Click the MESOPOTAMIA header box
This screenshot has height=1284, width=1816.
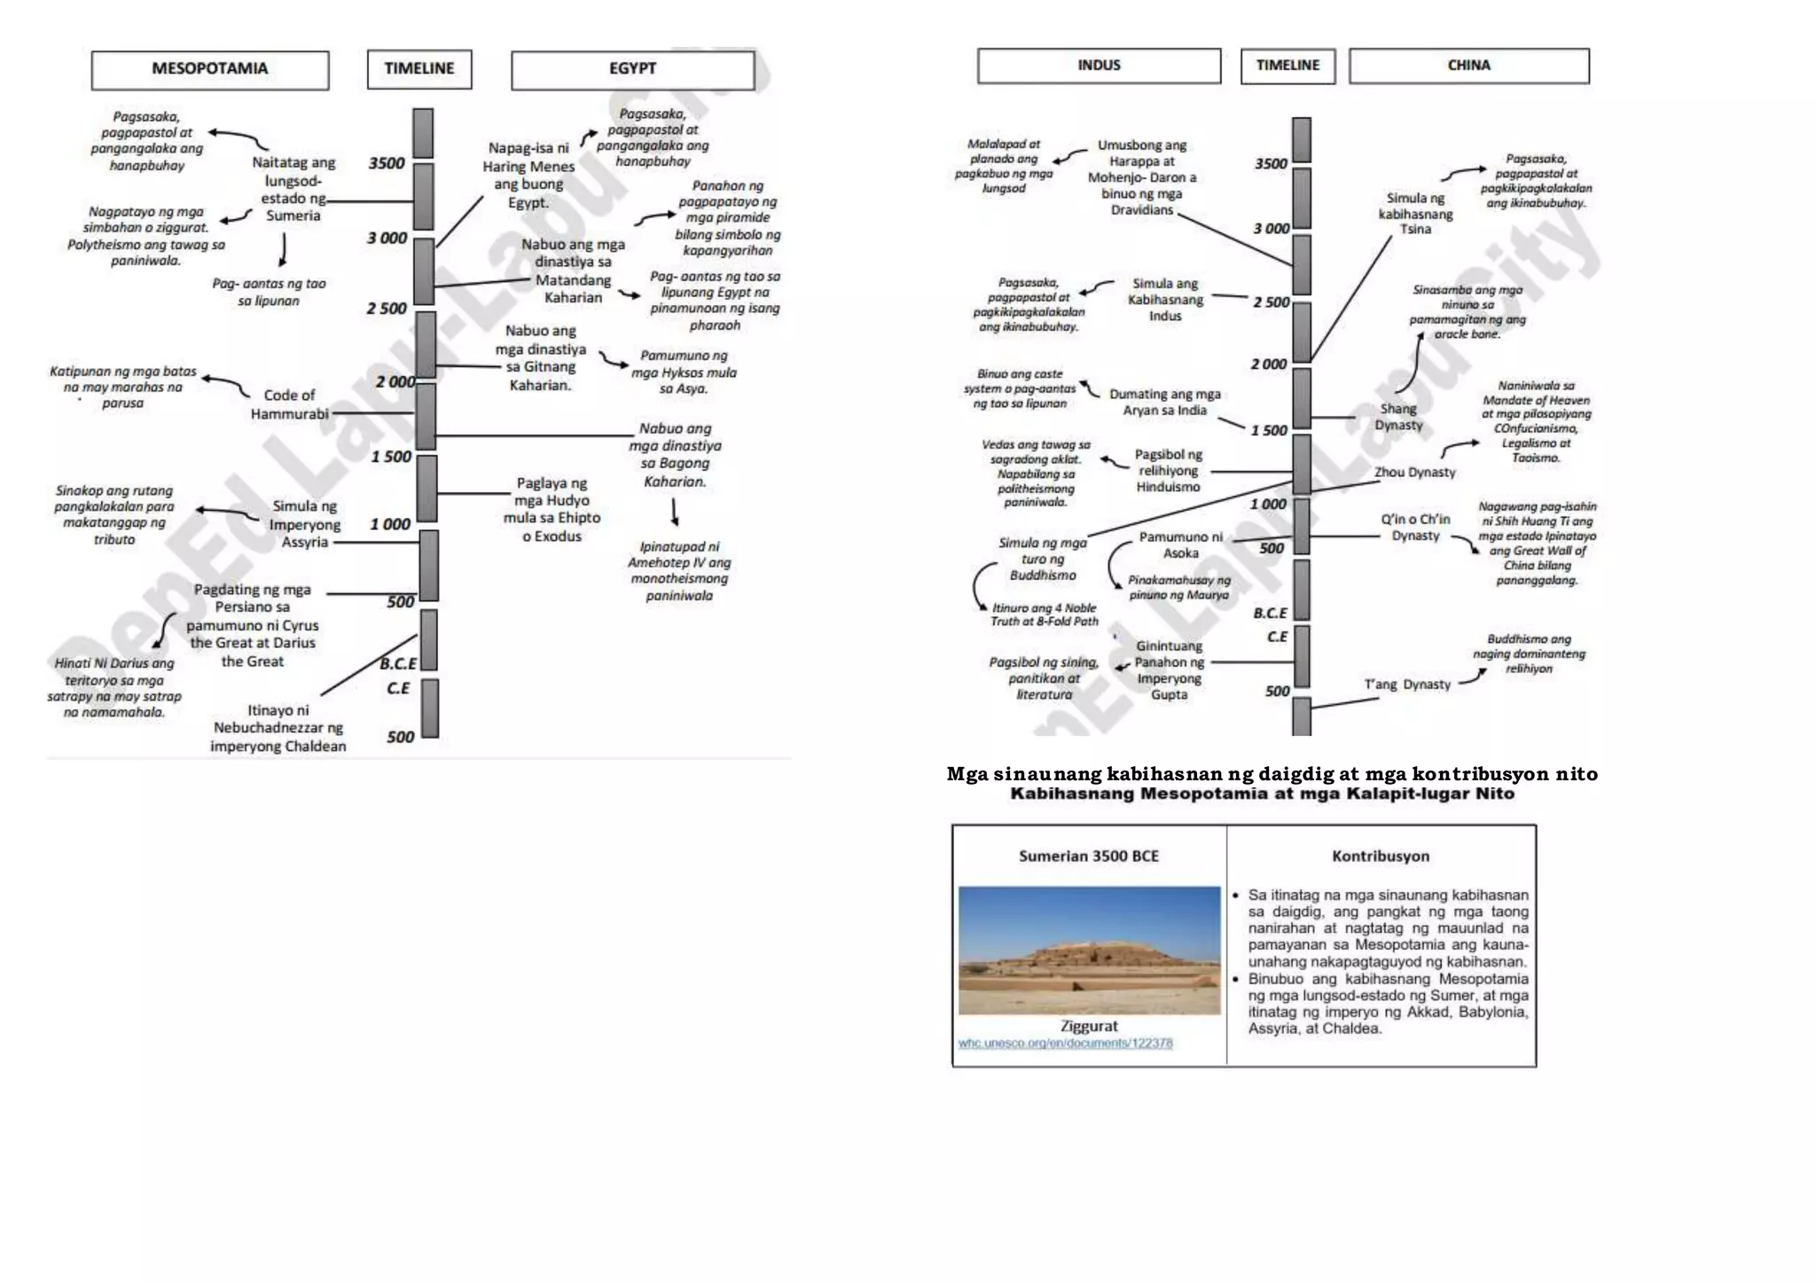(x=210, y=69)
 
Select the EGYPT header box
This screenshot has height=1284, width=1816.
(x=632, y=69)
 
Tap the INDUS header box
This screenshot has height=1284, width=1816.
(x=1099, y=66)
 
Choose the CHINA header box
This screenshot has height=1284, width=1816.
(x=1468, y=66)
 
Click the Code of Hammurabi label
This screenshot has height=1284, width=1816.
(x=289, y=404)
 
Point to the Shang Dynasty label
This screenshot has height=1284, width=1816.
(x=1398, y=417)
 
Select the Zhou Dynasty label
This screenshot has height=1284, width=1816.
(x=1415, y=473)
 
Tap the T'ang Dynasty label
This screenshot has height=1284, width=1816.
(x=1407, y=685)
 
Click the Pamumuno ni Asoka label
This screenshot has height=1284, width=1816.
(x=1181, y=544)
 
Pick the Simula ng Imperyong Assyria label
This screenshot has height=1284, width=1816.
(x=305, y=524)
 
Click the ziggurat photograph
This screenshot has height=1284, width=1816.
(x=1089, y=950)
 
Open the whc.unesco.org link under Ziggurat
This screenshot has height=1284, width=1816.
(x=1065, y=1044)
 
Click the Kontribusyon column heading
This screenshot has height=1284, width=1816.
(x=1381, y=856)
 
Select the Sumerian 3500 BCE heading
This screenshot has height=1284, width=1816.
(x=1089, y=856)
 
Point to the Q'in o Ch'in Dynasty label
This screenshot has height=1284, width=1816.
(x=1415, y=528)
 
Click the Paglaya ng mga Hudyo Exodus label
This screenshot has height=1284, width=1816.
(x=552, y=510)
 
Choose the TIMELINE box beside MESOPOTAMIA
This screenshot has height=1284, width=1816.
(x=419, y=69)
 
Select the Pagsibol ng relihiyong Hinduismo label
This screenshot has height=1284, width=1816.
(x=1169, y=471)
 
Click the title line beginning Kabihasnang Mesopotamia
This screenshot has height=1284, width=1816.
(x=1262, y=794)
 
